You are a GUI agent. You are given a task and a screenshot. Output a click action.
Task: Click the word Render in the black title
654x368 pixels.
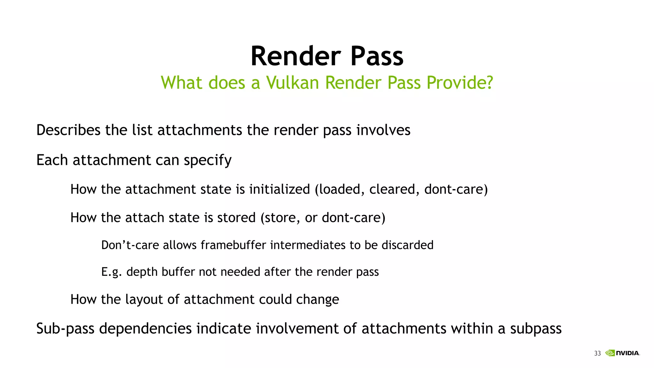click(x=296, y=56)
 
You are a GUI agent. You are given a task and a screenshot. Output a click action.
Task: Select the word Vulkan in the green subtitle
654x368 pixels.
click(x=293, y=83)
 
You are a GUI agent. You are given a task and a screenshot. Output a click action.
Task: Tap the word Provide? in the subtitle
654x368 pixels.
click(x=460, y=83)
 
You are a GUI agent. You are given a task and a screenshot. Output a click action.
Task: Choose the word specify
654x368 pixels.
click(x=208, y=160)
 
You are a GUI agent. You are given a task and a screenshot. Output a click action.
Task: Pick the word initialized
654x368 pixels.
click(x=279, y=189)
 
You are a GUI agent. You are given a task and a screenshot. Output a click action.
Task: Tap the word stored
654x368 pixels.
click(x=236, y=218)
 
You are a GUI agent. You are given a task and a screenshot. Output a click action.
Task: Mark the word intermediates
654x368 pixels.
click(x=308, y=245)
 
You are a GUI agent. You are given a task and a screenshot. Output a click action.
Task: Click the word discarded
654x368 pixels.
click(x=407, y=245)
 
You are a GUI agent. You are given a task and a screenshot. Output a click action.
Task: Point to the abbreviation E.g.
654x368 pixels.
click(x=111, y=272)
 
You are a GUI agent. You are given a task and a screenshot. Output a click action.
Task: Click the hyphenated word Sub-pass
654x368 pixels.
click(x=65, y=329)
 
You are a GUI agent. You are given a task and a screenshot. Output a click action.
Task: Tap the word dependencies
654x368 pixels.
click(x=145, y=329)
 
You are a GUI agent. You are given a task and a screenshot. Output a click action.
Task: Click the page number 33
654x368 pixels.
click(x=597, y=353)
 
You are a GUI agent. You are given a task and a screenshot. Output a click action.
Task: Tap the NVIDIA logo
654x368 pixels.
click(x=623, y=353)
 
